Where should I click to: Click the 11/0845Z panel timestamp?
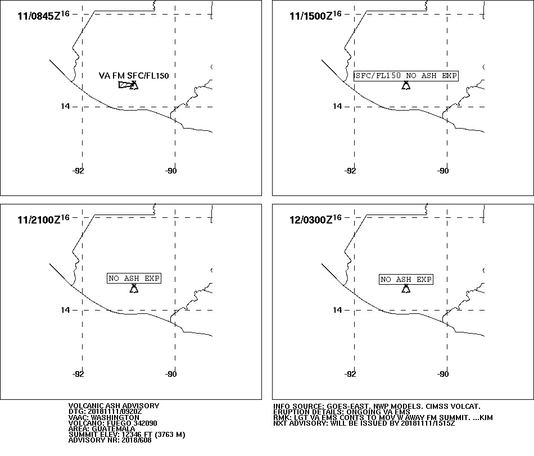click(x=43, y=15)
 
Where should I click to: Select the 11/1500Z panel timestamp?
click(x=315, y=15)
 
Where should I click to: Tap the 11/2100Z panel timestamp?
click(x=43, y=219)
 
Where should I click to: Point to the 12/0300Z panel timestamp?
click(x=315, y=219)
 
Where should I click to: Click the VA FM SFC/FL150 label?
click(x=134, y=76)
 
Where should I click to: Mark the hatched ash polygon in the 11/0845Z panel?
click(x=125, y=85)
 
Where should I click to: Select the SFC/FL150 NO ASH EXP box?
click(x=406, y=76)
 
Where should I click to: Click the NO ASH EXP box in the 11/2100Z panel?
click(x=134, y=279)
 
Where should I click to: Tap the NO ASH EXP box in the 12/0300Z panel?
click(x=406, y=280)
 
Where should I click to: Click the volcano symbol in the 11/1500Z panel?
click(x=406, y=85)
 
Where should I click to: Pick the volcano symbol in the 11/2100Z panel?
click(x=134, y=289)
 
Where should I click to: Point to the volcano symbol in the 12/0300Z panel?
click(x=406, y=289)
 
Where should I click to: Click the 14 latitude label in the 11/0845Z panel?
click(x=65, y=107)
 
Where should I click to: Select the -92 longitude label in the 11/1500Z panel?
click(x=350, y=171)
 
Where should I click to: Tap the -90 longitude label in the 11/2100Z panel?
click(x=171, y=374)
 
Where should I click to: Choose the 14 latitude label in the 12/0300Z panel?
click(x=337, y=310)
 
